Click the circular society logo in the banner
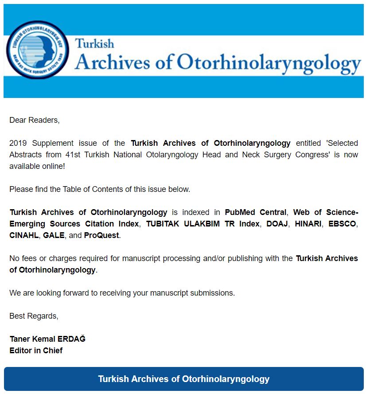point(38,50)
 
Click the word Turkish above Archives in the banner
point(94,44)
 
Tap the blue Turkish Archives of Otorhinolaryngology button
point(183,379)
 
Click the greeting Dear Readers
point(34,120)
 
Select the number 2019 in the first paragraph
point(19,143)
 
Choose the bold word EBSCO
point(342,224)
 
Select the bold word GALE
point(54,235)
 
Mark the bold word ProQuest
point(101,235)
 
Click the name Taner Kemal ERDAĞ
point(47,339)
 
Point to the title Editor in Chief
point(36,351)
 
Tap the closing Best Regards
point(34,316)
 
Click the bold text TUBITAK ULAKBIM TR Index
point(203,224)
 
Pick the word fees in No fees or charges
point(29,258)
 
